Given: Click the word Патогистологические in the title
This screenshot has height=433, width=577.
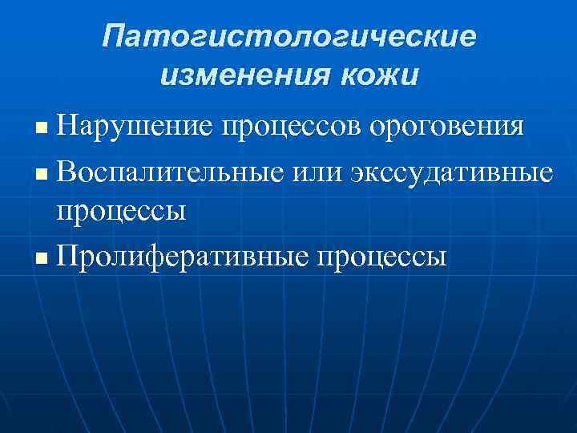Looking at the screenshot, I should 288,37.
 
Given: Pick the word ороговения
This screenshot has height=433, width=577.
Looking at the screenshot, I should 447,127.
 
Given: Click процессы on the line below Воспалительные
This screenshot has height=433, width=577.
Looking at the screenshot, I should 121,212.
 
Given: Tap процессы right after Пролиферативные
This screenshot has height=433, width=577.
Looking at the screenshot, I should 383,258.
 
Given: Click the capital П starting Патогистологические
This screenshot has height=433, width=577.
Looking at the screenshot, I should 114,36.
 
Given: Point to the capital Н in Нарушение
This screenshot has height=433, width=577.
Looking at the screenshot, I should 67,126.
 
